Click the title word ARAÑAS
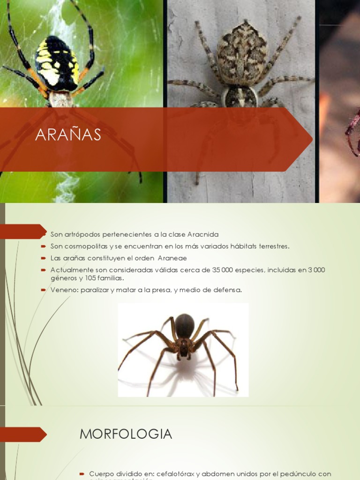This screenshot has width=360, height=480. [x=68, y=135]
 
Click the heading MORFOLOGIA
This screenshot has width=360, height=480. [x=126, y=434]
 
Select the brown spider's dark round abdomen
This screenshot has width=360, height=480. [x=185, y=325]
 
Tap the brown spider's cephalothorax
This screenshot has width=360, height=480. [x=184, y=346]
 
